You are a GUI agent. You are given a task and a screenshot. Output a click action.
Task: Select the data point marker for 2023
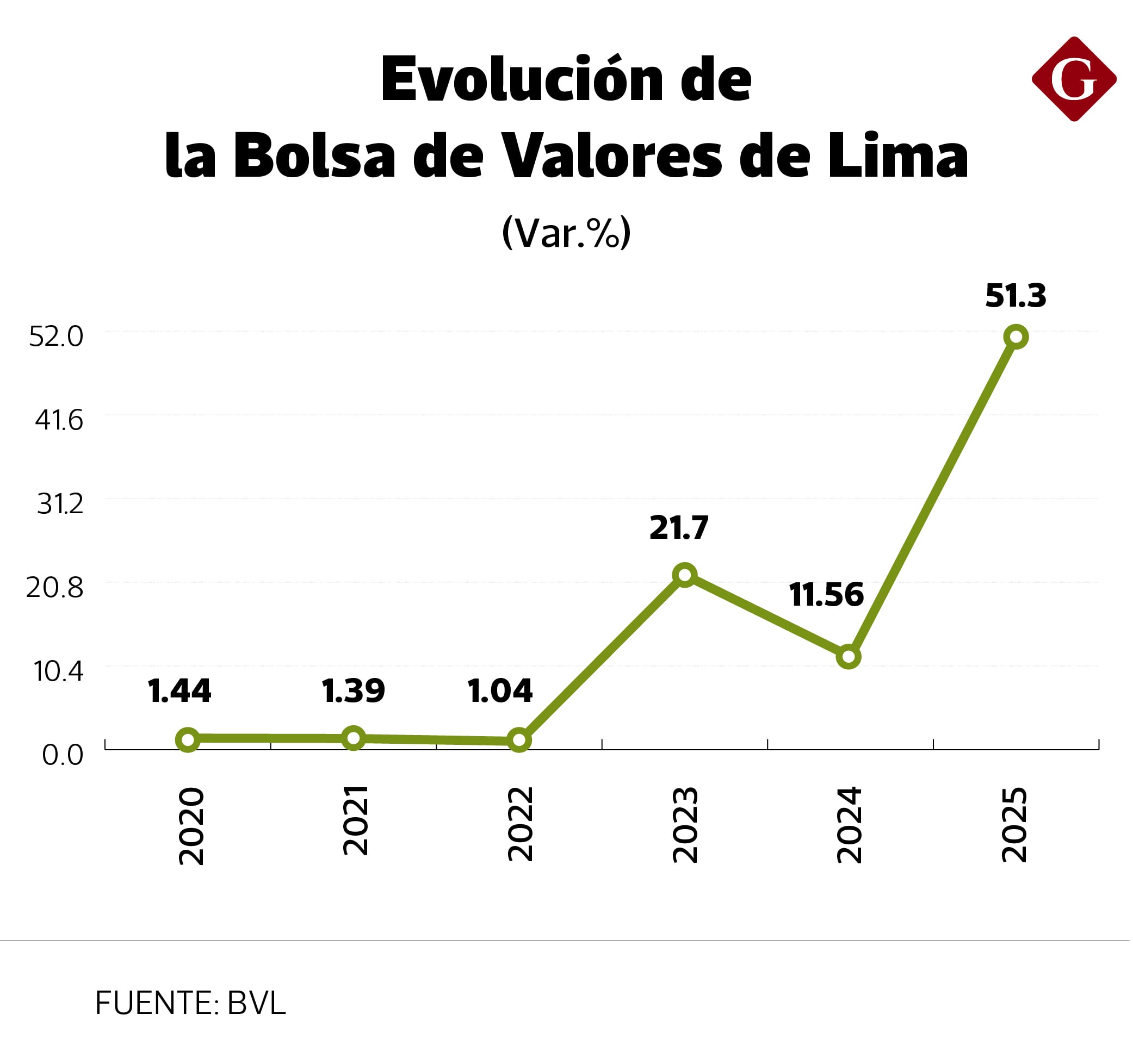click(x=684, y=575)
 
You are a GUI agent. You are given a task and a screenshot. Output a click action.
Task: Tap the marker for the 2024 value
click(x=848, y=657)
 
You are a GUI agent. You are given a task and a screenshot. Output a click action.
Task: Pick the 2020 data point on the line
click(x=188, y=740)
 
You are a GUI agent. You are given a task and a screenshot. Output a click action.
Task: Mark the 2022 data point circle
click(x=519, y=740)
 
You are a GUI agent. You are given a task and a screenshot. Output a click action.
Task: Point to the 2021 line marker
click(x=354, y=738)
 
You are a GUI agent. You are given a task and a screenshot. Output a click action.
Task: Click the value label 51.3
click(x=1016, y=296)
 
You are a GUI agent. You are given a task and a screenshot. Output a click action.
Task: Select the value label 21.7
click(x=679, y=528)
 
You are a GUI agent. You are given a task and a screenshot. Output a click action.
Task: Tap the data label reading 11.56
click(x=826, y=595)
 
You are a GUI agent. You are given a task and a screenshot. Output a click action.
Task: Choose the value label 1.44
click(x=179, y=691)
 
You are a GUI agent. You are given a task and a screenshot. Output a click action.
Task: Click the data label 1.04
click(x=500, y=691)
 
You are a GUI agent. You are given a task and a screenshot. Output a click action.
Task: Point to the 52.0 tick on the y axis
click(x=57, y=337)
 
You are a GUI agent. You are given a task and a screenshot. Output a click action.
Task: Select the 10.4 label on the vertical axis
click(x=59, y=672)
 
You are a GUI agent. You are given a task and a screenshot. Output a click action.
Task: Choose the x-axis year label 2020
click(x=191, y=826)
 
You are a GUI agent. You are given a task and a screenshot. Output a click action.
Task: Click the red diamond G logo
click(x=1074, y=80)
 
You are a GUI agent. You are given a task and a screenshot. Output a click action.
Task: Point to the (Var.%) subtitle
click(x=567, y=233)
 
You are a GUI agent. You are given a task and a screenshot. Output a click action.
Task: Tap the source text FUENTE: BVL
click(x=190, y=1003)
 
